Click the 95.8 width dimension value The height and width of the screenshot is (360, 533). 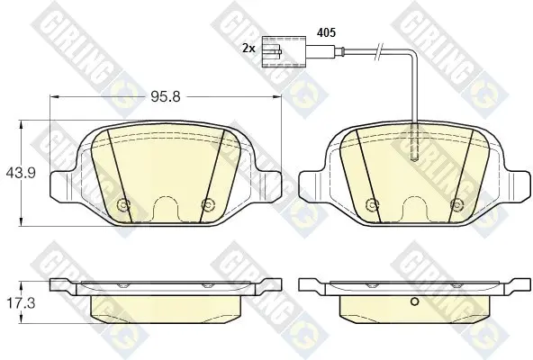[165, 97]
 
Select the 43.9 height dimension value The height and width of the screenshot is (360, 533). [21, 174]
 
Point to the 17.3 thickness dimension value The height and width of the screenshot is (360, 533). [21, 304]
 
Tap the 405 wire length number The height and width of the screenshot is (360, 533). [326, 32]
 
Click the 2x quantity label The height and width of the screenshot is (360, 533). [248, 49]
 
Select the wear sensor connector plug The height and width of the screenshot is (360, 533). [284, 51]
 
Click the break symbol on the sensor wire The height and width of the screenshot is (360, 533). [378, 51]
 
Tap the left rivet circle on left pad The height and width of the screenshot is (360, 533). [122, 204]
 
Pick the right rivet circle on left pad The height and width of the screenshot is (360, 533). [207, 204]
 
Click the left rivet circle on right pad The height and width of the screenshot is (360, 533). [372, 204]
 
